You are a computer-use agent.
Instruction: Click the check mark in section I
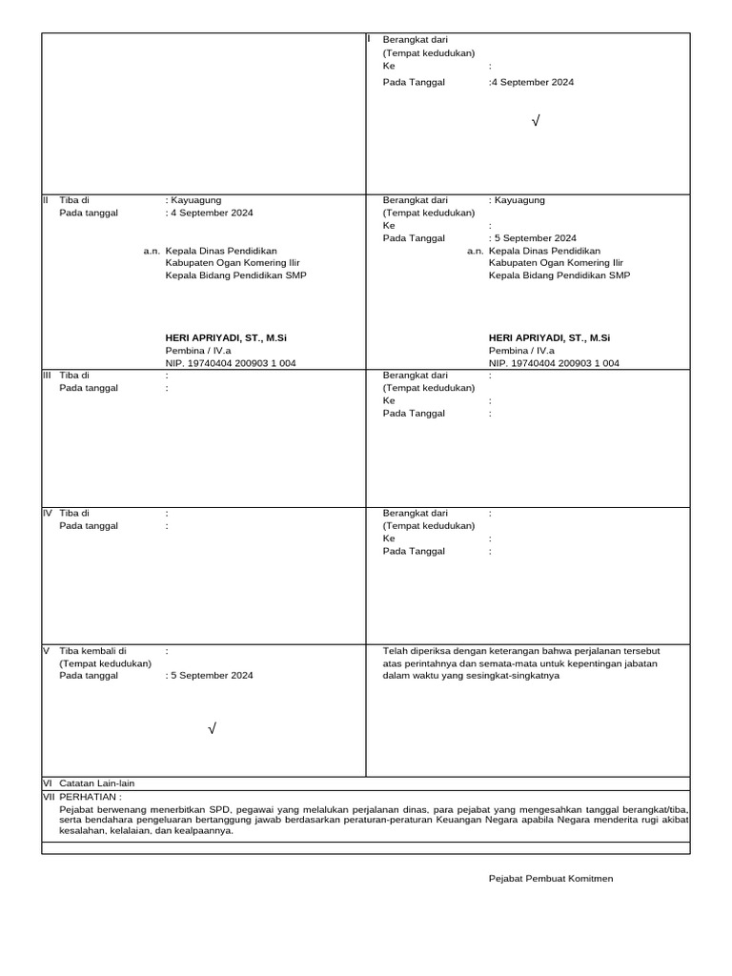[x=536, y=121]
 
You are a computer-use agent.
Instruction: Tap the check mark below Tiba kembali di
[x=213, y=729]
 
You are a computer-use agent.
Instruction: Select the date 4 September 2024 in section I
[x=533, y=82]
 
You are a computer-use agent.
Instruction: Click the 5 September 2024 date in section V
[x=211, y=675]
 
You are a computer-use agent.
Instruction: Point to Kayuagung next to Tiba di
[x=195, y=200]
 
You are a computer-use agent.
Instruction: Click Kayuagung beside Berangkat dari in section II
[x=519, y=200]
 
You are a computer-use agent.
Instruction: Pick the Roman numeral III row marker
[x=47, y=376]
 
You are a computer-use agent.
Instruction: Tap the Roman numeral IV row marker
[x=47, y=513]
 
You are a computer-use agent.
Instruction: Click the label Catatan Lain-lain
[x=97, y=783]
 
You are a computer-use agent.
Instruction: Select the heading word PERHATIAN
[x=89, y=796]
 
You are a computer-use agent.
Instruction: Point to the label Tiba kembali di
[x=93, y=650]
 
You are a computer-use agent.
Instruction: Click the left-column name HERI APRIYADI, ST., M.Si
[x=227, y=337]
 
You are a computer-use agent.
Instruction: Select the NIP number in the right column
[x=554, y=363]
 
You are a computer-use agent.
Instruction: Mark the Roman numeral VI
[x=47, y=783]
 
